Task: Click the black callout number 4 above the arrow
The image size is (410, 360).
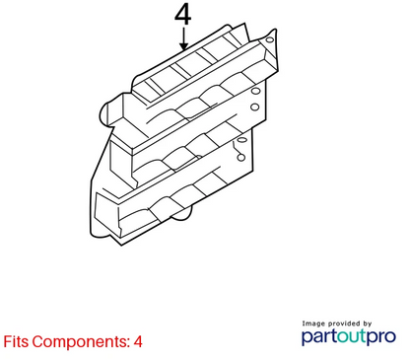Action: tap(182, 16)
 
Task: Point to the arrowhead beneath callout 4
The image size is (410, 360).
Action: tap(184, 45)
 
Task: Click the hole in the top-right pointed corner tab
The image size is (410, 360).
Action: tap(269, 40)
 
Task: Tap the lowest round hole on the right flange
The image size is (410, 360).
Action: tap(241, 158)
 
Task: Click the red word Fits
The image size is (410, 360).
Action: tap(16, 341)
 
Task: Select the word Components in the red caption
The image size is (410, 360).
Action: tap(81, 342)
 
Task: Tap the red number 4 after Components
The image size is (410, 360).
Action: tap(138, 342)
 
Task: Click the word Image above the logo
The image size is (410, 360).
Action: tap(313, 324)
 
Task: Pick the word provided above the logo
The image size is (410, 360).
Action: tap(344, 324)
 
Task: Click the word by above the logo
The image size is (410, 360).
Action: tap(368, 324)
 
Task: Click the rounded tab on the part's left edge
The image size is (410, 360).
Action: tap(104, 114)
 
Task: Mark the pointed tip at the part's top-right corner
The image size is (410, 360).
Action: tap(275, 30)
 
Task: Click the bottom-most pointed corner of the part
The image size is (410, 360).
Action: tap(122, 245)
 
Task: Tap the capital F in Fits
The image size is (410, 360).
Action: tap(7, 341)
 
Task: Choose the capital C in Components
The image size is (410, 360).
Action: tap(37, 341)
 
